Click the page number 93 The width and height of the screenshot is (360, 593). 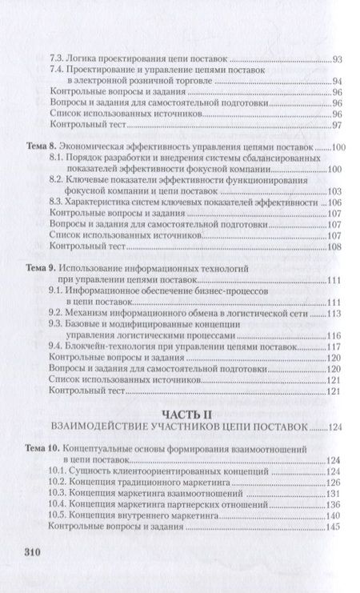point(336,60)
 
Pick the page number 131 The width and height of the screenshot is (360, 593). point(334,495)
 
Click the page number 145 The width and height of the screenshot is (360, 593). point(334,530)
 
